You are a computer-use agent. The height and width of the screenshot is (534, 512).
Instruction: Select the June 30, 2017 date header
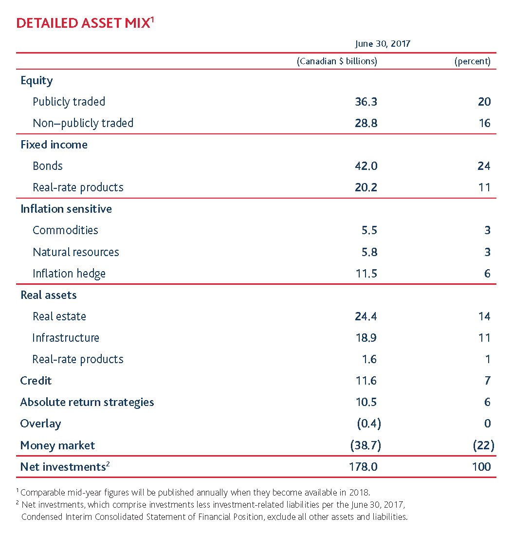point(383,44)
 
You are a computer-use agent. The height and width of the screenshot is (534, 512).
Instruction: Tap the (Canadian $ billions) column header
point(337,61)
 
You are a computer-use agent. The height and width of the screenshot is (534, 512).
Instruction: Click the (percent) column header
point(472,61)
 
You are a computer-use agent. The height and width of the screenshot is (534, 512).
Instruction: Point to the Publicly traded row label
point(69,102)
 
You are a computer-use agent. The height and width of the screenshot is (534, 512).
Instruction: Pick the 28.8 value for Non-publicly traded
point(366,123)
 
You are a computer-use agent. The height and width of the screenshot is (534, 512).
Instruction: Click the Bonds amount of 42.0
point(366,166)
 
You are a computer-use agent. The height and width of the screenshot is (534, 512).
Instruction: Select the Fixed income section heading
point(54,145)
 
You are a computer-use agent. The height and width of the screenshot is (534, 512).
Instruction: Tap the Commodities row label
point(65,230)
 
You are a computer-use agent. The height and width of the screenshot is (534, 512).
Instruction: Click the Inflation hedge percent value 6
point(487,274)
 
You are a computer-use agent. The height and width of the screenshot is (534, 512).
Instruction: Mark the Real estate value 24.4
point(366,316)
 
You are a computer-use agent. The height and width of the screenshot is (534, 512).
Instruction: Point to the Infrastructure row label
point(66,338)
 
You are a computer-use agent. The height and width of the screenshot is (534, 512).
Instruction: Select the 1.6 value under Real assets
point(369,359)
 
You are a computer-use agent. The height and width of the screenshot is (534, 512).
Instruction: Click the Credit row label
point(36,381)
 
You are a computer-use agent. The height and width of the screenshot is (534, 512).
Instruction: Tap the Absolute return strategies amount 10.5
point(366,402)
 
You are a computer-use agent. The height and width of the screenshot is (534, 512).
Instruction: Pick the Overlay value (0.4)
point(368,424)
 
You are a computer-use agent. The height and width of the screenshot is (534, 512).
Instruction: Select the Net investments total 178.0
point(364,467)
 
